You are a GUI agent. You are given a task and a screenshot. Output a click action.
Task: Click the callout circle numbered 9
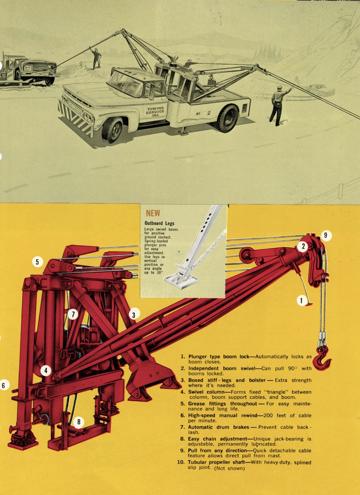pyautogui.click(x=325, y=236)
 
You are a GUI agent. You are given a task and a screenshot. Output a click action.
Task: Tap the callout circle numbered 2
pyautogui.click(x=303, y=246)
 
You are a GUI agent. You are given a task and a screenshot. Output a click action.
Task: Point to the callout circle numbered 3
pyautogui.click(x=134, y=315)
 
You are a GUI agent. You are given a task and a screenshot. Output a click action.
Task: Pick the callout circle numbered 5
pyautogui.click(x=37, y=262)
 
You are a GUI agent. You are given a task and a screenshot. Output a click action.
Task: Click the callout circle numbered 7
pyautogui.click(x=73, y=314)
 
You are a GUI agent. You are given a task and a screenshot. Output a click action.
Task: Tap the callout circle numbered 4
pyautogui.click(x=46, y=370)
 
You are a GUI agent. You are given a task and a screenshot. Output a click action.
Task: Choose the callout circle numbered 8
pyautogui.click(x=79, y=422)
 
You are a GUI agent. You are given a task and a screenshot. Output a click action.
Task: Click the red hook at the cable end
pyautogui.click(x=324, y=358)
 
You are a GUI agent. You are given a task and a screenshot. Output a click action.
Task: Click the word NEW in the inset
pyautogui.click(x=153, y=214)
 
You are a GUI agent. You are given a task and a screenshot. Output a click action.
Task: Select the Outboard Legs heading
pyautogui.click(x=159, y=223)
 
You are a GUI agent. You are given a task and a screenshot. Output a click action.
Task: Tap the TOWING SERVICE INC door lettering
pyautogui.click(x=155, y=112)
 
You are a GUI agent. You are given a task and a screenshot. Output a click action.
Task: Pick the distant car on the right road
pyautogui.click(x=322, y=91)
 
